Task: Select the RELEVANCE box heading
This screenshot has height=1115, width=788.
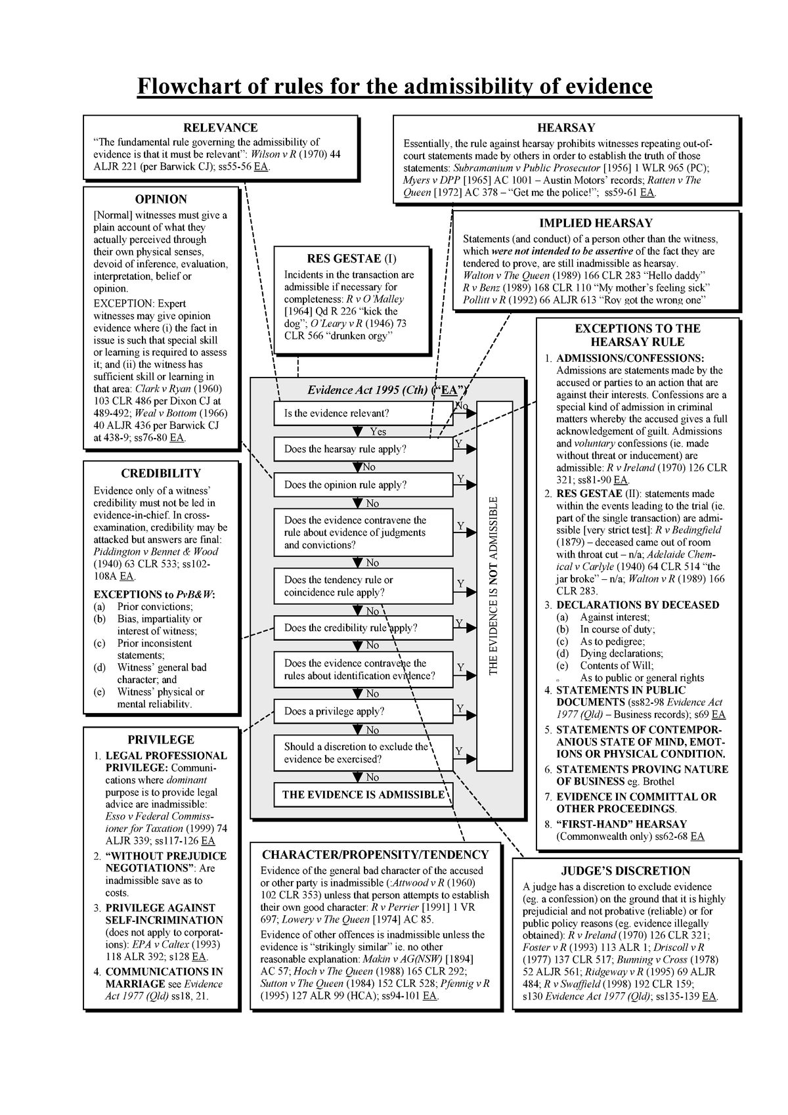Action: [220, 127]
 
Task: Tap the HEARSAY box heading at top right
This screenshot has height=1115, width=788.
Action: [565, 127]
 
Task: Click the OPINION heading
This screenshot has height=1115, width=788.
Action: [161, 199]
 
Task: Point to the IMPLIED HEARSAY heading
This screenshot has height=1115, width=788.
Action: [596, 223]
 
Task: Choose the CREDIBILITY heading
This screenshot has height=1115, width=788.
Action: [161, 473]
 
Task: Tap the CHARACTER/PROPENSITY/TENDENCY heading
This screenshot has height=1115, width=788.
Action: [375, 854]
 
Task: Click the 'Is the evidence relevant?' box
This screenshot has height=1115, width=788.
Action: [362, 414]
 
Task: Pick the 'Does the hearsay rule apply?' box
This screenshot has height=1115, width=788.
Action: [362, 449]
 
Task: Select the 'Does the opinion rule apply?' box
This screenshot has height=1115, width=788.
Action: [362, 485]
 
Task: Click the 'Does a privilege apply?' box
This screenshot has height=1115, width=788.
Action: [362, 711]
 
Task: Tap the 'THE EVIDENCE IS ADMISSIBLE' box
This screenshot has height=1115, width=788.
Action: [362, 795]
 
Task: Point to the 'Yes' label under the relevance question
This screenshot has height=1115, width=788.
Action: [378, 431]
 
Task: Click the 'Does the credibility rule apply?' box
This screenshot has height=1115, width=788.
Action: [362, 628]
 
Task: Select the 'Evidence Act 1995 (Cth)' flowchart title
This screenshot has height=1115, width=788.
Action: [368, 390]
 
